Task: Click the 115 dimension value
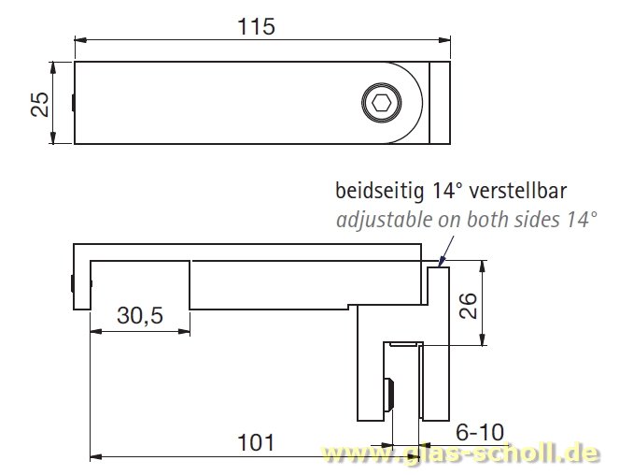[256, 26]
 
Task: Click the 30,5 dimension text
[139, 316]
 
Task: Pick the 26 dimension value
[469, 306]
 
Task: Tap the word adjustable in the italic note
[379, 221]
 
